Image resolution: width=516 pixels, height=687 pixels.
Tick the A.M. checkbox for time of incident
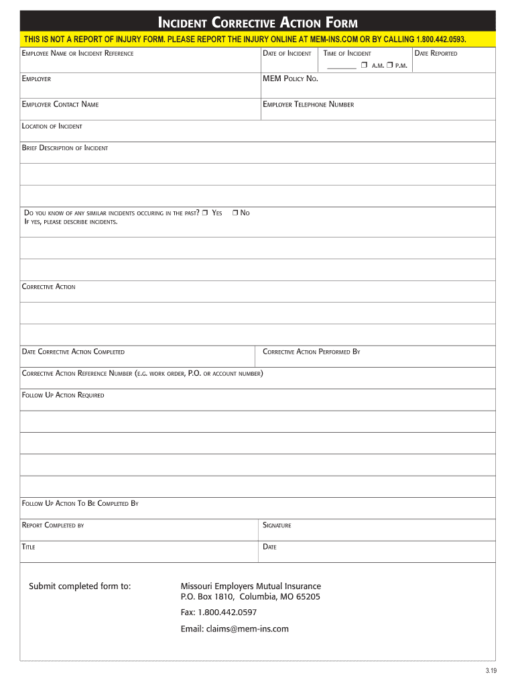click(x=363, y=65)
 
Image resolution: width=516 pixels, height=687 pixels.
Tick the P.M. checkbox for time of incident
click(x=389, y=65)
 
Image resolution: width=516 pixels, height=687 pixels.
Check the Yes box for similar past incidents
click(x=205, y=213)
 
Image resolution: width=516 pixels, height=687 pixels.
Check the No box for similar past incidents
click(x=235, y=213)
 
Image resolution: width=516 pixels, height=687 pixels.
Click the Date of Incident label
click(x=287, y=54)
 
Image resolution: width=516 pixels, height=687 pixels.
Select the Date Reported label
click(x=436, y=54)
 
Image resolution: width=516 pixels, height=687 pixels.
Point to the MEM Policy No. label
click(x=290, y=79)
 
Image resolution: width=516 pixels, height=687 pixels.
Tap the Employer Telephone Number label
click(x=308, y=105)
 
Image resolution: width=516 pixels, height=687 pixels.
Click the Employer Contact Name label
click(x=60, y=105)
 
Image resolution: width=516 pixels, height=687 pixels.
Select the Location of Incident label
click(x=52, y=126)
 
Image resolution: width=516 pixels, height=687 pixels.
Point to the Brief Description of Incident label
click(x=65, y=148)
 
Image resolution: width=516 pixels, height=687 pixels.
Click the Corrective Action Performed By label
click(x=311, y=352)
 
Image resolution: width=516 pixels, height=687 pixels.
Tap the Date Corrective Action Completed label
click(x=73, y=352)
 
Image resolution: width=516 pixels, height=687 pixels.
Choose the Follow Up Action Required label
click(x=63, y=395)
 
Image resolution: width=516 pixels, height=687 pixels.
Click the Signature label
click(x=277, y=525)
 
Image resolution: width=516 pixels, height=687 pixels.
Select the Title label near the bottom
click(x=29, y=547)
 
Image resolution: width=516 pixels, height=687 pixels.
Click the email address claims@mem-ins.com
click(x=235, y=629)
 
